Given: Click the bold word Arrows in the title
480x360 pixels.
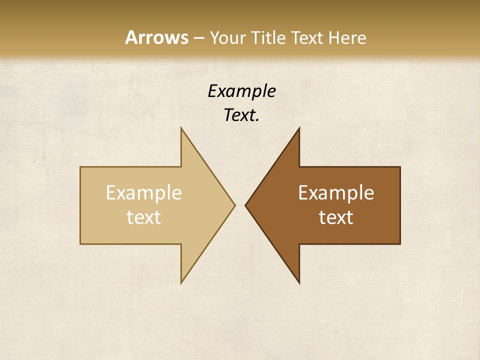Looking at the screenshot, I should click(x=157, y=37).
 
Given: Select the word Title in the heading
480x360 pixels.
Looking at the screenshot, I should click(x=268, y=38).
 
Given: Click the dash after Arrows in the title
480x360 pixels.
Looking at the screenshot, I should click(x=198, y=38).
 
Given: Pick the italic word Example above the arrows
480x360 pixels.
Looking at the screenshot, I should click(x=241, y=91).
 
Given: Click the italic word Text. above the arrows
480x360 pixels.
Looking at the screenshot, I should click(x=241, y=115).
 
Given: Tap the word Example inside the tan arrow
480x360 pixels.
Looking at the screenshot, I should click(x=144, y=193).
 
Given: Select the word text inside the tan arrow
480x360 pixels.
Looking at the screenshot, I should click(x=144, y=217).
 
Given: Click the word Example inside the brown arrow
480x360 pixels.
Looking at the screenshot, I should click(x=336, y=193).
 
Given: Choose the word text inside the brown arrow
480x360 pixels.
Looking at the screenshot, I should click(x=336, y=217).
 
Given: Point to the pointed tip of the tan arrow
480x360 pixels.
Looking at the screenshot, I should click(x=234, y=205).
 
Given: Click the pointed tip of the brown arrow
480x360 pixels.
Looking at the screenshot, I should click(x=245, y=205).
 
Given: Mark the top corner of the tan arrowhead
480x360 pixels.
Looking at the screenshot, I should click(x=181, y=128).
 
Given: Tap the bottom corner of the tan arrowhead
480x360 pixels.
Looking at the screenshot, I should click(x=181, y=283).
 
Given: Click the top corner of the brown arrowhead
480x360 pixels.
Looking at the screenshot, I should click(x=299, y=128).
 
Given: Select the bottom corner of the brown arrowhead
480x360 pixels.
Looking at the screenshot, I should click(x=299, y=283).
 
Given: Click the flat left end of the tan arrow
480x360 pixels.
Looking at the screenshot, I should click(x=81, y=205).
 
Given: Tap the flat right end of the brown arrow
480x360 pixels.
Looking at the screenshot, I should click(x=400, y=205).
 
